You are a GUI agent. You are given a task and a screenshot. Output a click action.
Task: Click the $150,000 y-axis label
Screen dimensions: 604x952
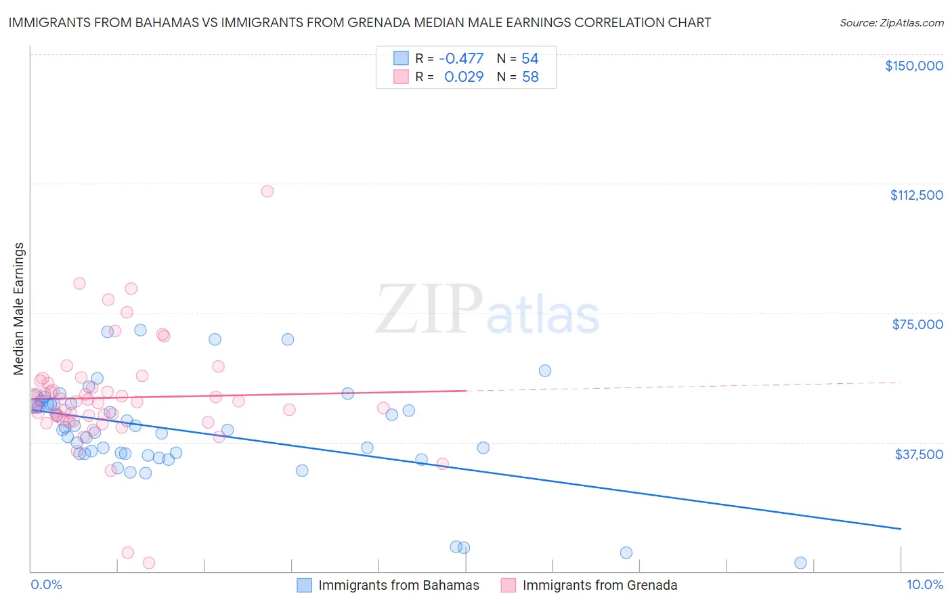(913, 66)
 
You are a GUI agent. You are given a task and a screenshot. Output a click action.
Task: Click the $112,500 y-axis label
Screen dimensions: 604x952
(916, 195)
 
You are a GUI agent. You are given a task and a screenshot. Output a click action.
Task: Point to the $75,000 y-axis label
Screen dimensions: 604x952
(917, 324)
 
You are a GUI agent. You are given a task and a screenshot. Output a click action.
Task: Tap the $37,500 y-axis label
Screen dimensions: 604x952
(919, 454)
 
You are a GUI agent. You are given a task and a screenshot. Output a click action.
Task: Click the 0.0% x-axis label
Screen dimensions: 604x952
(46, 584)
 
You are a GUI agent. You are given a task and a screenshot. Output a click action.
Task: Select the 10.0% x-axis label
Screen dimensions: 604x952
(924, 584)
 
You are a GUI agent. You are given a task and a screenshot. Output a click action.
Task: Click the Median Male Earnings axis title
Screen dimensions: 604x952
(19, 308)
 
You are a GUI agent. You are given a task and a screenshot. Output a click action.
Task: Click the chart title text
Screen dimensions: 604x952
(360, 22)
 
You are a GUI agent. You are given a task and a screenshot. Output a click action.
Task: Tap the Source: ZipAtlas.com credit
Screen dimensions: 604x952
(891, 22)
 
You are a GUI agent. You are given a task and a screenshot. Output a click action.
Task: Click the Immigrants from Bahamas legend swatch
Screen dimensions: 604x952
(305, 585)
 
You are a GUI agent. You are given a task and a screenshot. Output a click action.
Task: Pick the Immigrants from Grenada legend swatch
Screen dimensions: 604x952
(509, 585)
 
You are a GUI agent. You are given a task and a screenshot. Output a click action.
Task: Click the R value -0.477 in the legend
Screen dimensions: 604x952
(461, 58)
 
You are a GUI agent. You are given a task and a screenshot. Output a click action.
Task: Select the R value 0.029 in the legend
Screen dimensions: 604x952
(464, 77)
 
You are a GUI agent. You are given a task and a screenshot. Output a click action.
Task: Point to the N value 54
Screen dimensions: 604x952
(529, 58)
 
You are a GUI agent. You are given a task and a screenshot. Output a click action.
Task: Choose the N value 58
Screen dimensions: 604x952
(529, 77)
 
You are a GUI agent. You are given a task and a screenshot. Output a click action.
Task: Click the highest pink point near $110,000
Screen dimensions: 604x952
(267, 191)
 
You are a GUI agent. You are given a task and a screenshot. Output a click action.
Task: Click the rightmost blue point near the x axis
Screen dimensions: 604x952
(800, 563)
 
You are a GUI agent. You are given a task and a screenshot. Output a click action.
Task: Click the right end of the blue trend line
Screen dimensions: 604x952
(900, 528)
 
